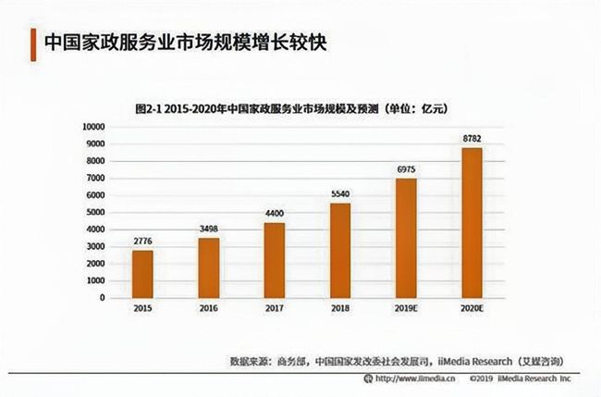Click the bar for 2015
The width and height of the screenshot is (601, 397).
click(142, 274)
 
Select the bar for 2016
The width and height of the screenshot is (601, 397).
click(209, 267)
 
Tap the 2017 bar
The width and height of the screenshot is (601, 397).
click(275, 260)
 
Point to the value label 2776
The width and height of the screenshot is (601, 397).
click(142, 242)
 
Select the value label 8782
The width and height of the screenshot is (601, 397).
click(472, 139)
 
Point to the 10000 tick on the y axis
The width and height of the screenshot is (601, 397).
click(94, 126)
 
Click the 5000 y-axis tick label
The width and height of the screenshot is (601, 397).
click(97, 212)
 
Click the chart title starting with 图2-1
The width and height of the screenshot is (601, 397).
click(291, 108)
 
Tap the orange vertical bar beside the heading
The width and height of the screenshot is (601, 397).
click(32, 42)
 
